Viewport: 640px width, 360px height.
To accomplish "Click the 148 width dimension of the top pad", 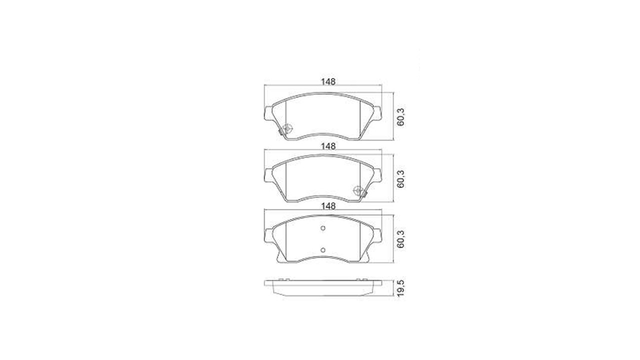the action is (328, 81).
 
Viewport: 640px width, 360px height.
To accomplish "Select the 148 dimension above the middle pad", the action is (328, 146).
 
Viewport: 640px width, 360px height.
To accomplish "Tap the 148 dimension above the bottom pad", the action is (328, 206).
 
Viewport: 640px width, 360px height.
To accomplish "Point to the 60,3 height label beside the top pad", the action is (401, 117).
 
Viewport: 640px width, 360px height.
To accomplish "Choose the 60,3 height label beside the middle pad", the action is (401, 179).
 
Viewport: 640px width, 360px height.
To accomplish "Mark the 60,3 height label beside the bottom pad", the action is (401, 239).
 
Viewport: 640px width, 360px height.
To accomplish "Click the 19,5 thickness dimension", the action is (401, 288).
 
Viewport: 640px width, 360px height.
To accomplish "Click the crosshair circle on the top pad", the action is (287, 128).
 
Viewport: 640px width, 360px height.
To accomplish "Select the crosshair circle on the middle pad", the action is (358, 190).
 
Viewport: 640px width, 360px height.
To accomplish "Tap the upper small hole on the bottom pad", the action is (323, 228).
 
